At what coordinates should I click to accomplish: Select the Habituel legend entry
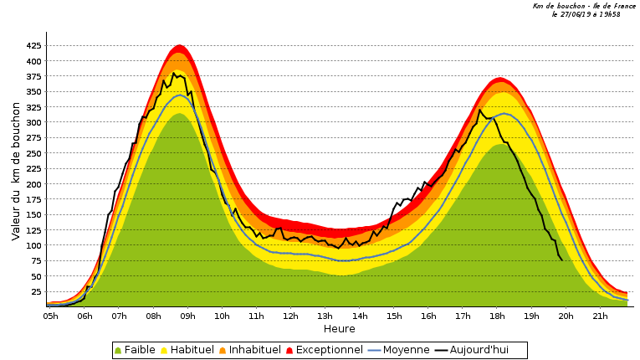pos(192,350)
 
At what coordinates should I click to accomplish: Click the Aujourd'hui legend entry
pos(478,350)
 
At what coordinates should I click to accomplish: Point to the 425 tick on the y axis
pos(33,46)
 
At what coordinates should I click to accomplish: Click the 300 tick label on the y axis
pos(33,123)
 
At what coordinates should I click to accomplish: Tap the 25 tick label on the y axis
pos(35,292)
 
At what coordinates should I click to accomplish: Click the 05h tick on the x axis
pos(50,316)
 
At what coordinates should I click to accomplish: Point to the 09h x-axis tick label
pos(187,316)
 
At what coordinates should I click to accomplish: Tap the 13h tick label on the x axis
pos(325,316)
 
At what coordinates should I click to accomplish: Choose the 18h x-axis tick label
pos(497,316)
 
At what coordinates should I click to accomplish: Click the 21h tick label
pos(600,316)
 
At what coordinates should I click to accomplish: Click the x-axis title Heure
pos(340,329)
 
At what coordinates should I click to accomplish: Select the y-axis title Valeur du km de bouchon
pos(16,177)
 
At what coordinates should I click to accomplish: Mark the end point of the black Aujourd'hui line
pos(561,260)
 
